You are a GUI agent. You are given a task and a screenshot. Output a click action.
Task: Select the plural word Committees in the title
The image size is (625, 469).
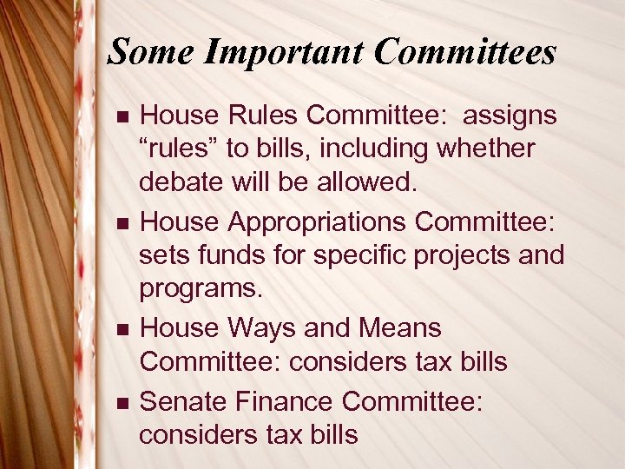(x=465, y=53)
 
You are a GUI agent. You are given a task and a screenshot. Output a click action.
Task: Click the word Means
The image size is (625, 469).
(x=398, y=328)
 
